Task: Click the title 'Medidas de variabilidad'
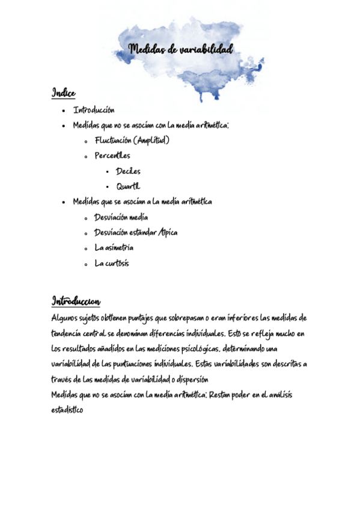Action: pos(181,50)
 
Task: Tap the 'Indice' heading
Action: pos(64,93)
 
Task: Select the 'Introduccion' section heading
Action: pos(76,301)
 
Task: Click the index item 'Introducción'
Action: pos(94,110)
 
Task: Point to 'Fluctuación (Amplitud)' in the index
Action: pos(132,141)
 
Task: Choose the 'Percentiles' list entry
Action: pos(112,156)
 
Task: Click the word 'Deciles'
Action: pos(128,171)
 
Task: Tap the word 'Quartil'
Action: pos(128,186)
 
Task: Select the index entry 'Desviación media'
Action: pos(121,217)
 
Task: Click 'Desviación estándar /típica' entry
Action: pos(136,233)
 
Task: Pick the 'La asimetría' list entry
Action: pos(114,248)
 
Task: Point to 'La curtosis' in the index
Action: pos(112,263)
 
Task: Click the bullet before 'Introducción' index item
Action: pos(64,111)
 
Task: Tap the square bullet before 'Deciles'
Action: pos(107,172)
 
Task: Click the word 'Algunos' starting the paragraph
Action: pos(66,318)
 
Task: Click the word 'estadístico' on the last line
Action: pos(67,411)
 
